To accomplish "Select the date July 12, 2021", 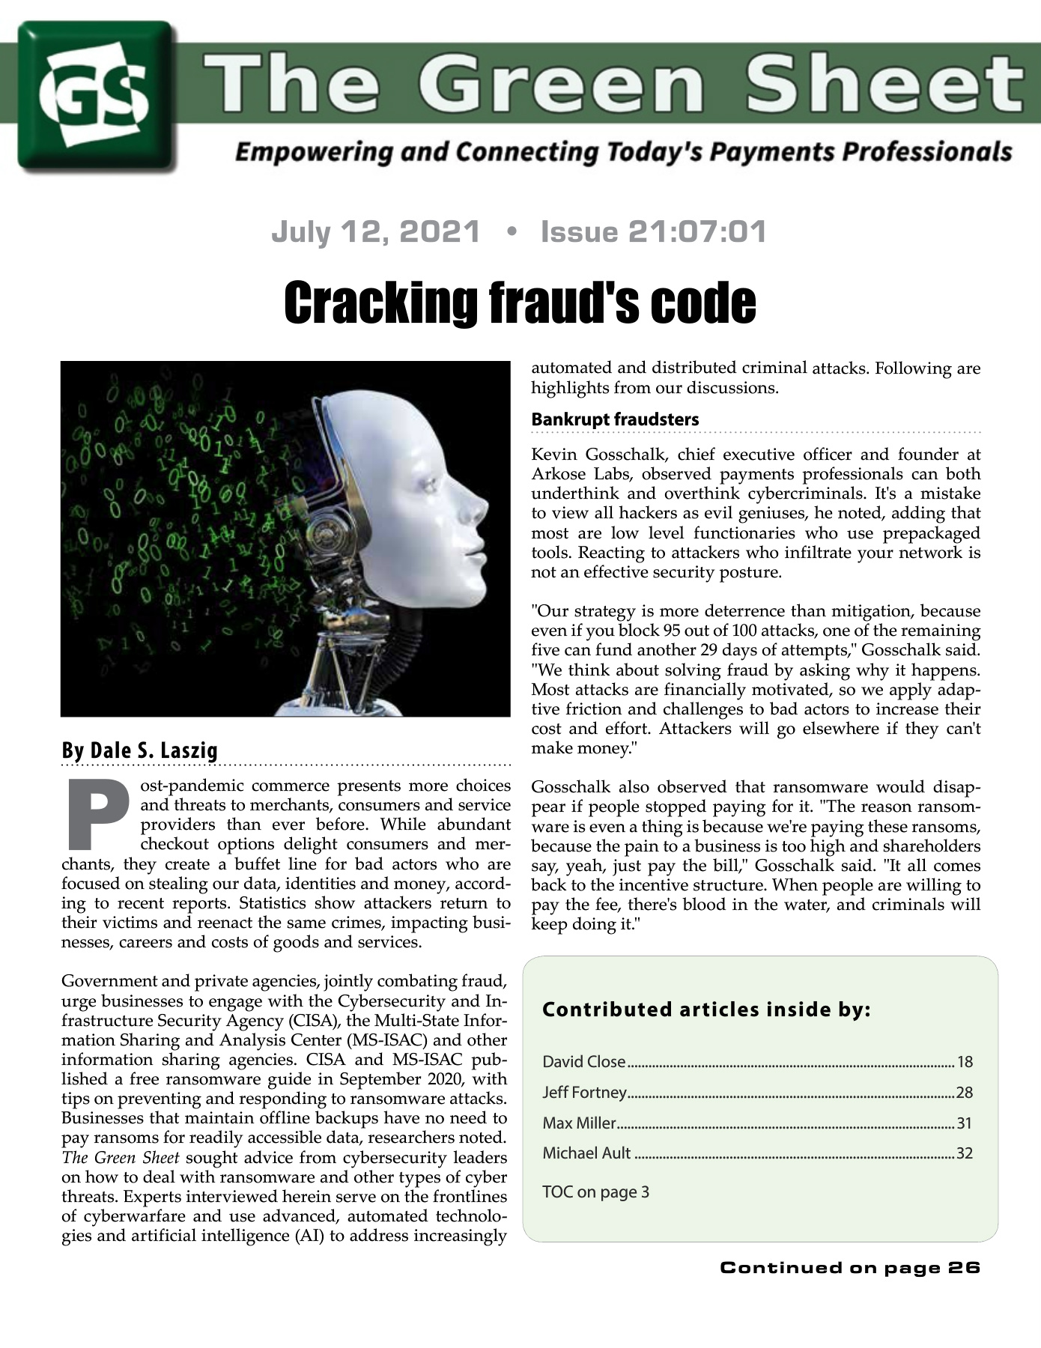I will [375, 232].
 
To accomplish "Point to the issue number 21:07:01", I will [691, 232].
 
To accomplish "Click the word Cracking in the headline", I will [382, 303].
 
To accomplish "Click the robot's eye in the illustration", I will [432, 485].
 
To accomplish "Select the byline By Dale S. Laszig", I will [139, 750].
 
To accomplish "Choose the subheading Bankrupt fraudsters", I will [615, 419].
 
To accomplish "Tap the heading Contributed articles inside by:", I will [706, 1010].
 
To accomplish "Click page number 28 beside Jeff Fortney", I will [965, 1093].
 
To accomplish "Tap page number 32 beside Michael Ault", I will [965, 1153].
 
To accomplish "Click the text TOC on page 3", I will [595, 1191].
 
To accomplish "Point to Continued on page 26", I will [850, 1268].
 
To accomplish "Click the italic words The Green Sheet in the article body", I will [121, 1158].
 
